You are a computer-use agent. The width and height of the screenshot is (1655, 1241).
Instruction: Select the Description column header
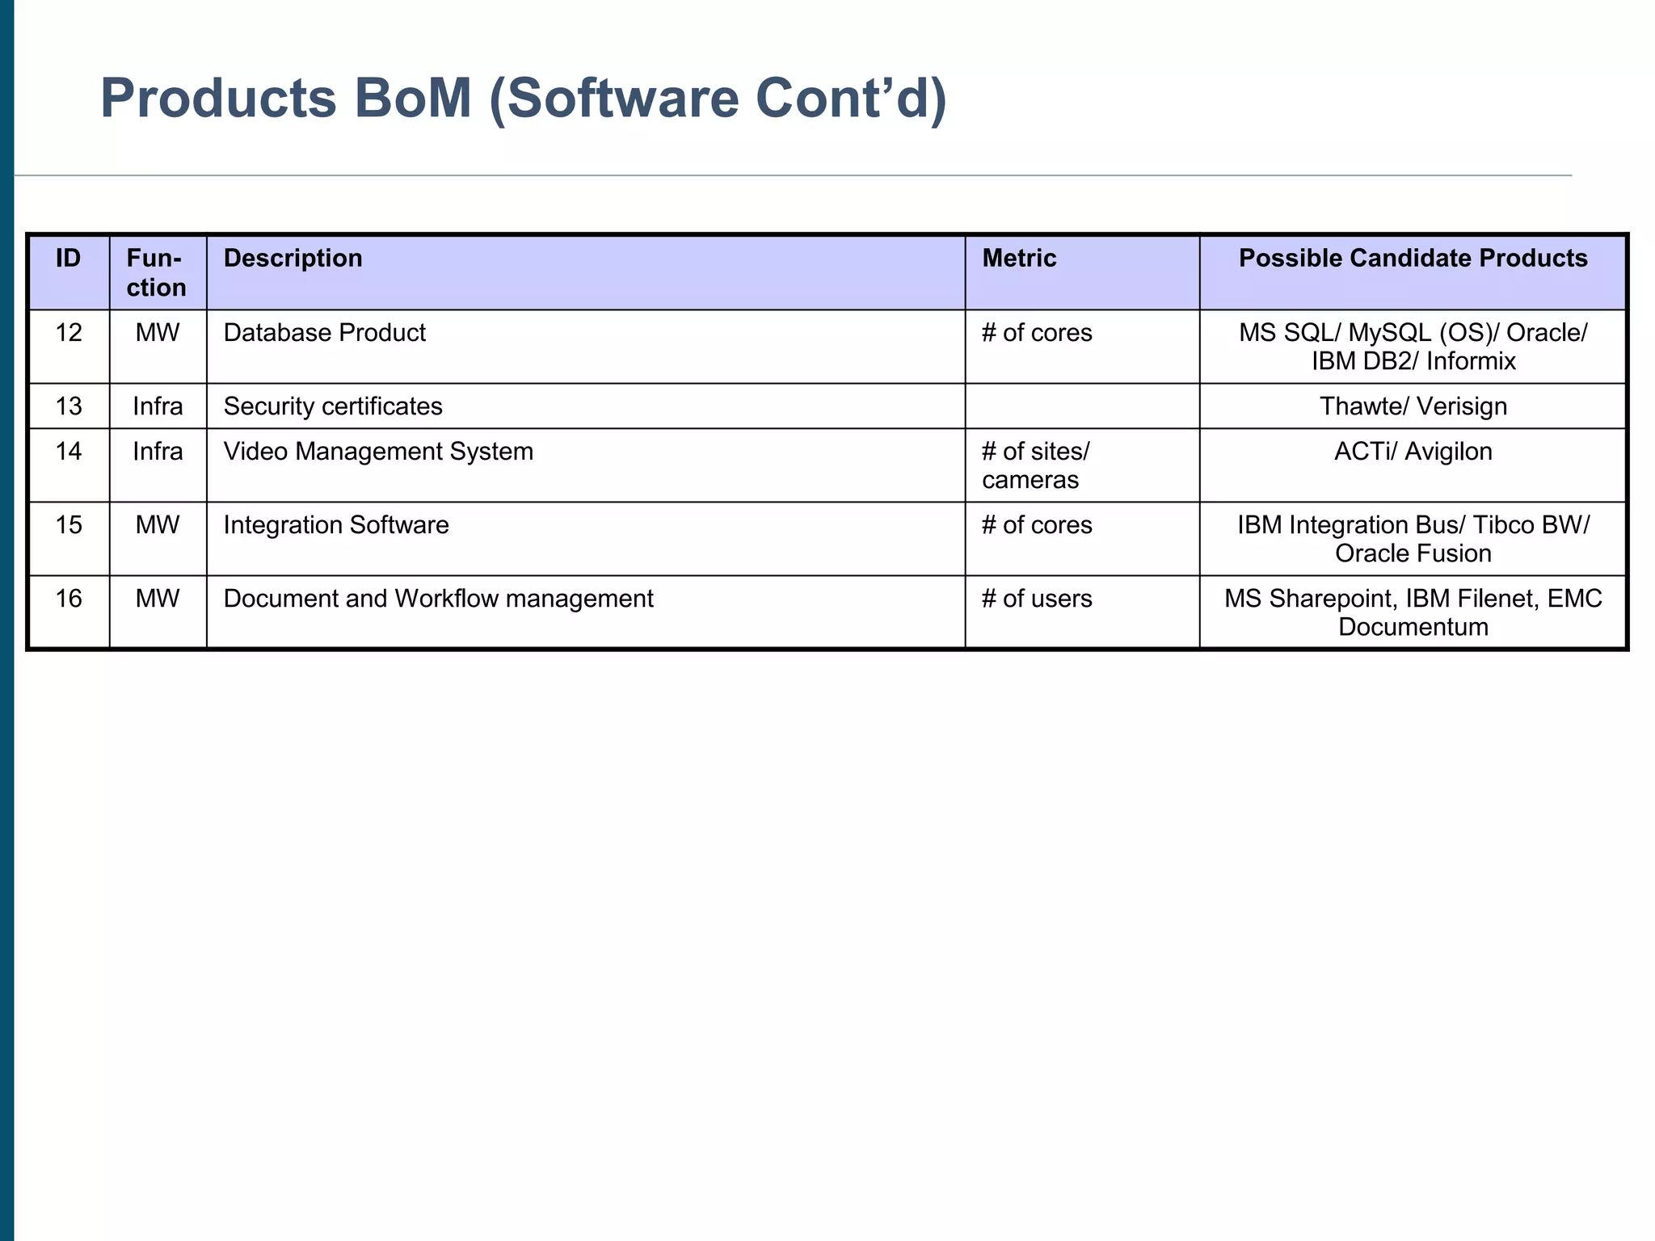(x=293, y=259)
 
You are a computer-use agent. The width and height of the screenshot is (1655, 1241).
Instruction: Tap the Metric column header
(x=1019, y=259)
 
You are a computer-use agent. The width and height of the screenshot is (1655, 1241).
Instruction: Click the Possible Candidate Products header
(x=1413, y=259)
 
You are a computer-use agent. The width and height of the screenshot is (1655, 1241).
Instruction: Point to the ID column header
(x=69, y=259)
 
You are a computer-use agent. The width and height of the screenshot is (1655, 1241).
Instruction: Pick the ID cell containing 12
(x=69, y=333)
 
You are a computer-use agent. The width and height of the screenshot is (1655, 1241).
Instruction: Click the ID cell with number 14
(x=69, y=451)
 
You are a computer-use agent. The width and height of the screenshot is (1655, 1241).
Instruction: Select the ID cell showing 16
(x=69, y=599)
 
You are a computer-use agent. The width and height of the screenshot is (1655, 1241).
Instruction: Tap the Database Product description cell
(x=324, y=333)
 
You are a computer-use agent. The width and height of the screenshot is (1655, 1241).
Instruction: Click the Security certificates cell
(x=333, y=406)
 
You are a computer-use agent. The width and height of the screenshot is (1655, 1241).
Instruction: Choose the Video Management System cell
(x=378, y=451)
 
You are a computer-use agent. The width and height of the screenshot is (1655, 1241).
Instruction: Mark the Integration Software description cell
(x=336, y=525)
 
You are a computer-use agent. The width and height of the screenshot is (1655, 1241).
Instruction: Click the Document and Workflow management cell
(x=438, y=599)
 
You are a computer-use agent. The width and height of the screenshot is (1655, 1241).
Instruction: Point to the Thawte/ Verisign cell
(x=1413, y=406)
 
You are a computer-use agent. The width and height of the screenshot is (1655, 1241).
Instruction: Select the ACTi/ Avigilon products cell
(x=1413, y=451)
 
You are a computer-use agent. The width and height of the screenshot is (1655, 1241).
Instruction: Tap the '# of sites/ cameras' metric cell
(x=1035, y=465)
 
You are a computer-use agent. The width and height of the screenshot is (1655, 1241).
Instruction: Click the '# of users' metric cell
(x=1037, y=599)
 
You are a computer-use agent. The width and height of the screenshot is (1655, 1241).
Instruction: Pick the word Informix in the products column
(x=1471, y=361)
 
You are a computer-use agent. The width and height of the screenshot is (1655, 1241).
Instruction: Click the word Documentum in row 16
(x=1413, y=627)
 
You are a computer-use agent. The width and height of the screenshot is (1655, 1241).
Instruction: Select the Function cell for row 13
(x=158, y=406)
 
